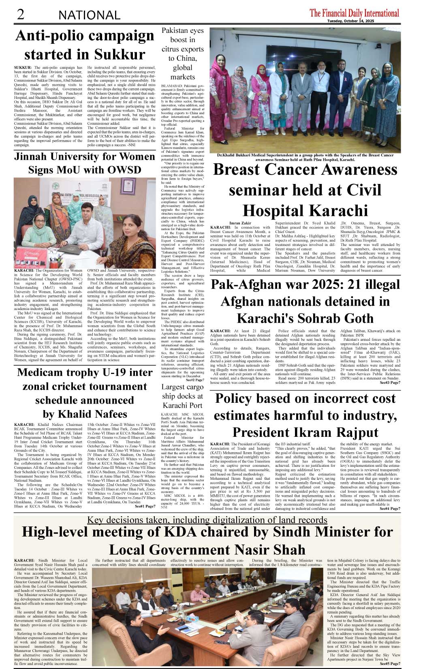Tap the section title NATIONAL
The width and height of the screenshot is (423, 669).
[89, 15]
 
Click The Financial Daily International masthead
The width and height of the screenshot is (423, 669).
[354, 13]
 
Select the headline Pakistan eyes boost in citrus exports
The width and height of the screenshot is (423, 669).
[182, 53]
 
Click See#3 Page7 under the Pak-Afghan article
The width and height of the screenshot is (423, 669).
[390, 383]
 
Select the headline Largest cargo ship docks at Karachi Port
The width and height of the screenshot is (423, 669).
[182, 396]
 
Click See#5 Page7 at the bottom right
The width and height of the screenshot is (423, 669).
[390, 664]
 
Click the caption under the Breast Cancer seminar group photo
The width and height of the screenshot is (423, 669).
[305, 157]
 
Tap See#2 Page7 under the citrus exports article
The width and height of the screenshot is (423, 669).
[195, 380]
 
